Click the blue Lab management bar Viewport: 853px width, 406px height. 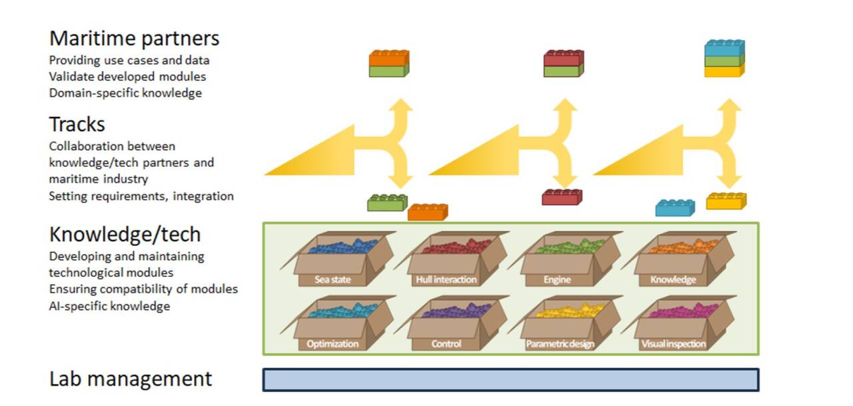click(510, 379)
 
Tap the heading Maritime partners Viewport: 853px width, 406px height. click(134, 38)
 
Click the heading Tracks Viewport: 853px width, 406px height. click(77, 124)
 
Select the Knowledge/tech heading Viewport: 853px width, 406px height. click(125, 234)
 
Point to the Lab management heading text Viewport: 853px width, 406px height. click(131, 379)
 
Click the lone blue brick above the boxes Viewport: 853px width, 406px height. click(674, 208)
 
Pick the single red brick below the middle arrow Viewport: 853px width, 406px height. click(562, 197)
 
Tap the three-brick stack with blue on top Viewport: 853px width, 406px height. click(724, 59)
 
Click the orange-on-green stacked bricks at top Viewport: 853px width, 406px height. click(389, 63)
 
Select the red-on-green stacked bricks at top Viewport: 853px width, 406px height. click(564, 63)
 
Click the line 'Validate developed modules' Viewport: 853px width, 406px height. click(127, 77)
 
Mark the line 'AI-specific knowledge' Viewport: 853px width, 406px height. click(109, 306)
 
